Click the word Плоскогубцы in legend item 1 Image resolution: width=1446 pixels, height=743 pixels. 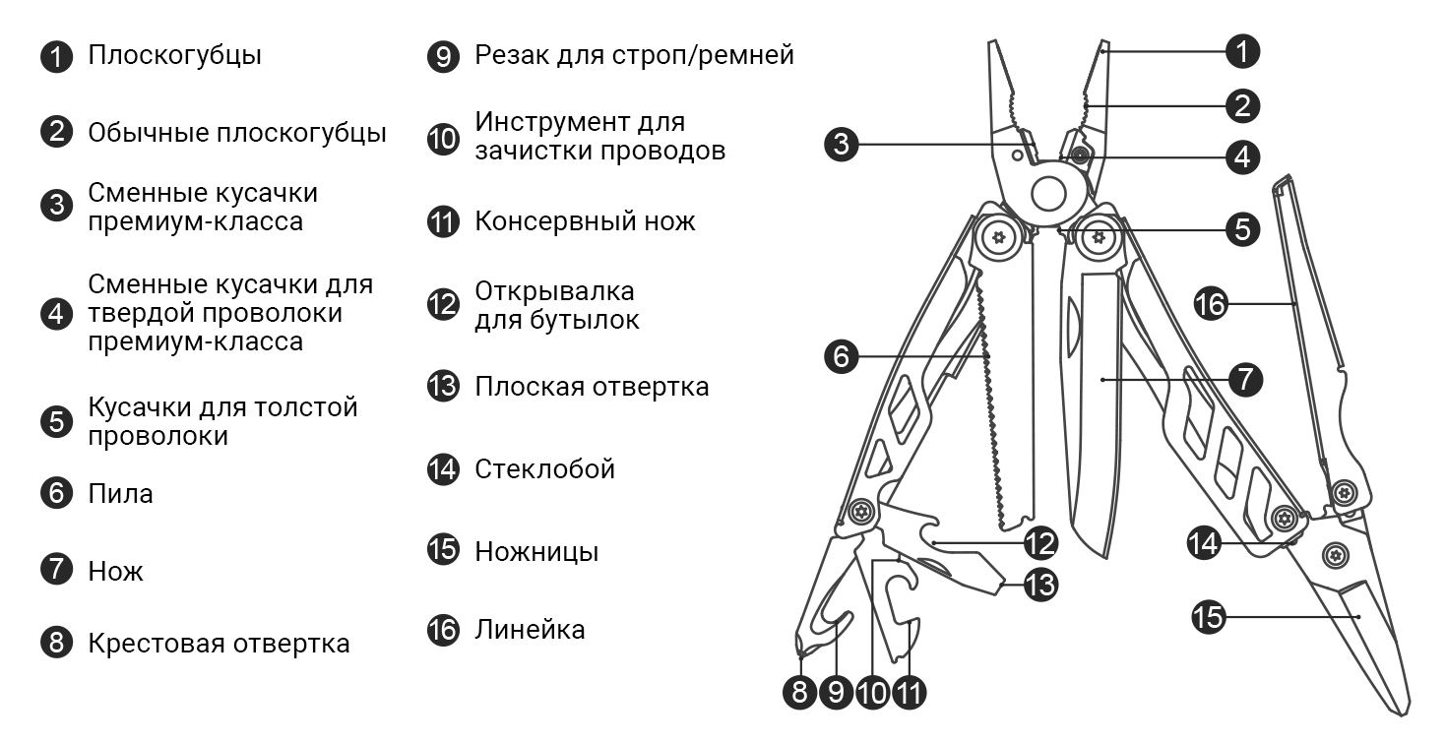tap(174, 55)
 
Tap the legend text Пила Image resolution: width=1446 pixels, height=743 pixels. tap(120, 493)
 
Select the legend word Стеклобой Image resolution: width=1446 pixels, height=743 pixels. tap(544, 468)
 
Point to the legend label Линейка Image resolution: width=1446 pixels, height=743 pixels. tap(530, 629)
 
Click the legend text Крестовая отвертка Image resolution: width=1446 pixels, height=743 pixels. tap(219, 644)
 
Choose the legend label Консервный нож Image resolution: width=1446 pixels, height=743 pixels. tap(585, 220)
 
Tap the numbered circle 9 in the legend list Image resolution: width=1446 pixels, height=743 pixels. tap(444, 56)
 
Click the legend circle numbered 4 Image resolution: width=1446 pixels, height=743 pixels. tap(57, 314)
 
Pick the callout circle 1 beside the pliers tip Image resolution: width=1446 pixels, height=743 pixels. tap(1244, 51)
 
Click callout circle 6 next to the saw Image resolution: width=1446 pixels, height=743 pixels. tap(841, 356)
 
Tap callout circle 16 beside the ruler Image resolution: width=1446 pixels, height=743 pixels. tap(1212, 304)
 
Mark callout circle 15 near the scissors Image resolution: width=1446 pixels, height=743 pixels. tap(1209, 617)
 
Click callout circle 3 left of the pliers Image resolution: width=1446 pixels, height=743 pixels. tap(841, 145)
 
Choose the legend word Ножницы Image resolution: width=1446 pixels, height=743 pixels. tap(536, 551)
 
